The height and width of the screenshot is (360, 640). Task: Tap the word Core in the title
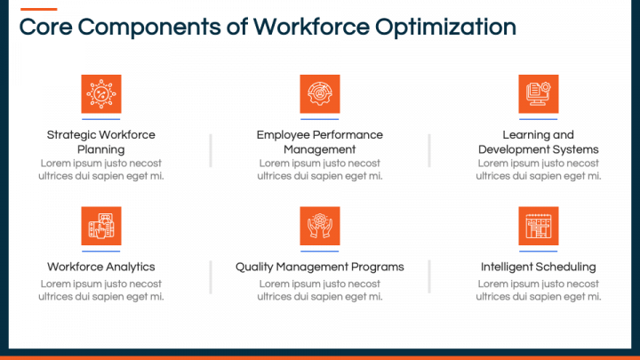tap(44, 28)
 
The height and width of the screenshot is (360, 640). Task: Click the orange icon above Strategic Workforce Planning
tap(101, 93)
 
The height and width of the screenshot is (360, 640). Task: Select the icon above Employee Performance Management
tap(320, 93)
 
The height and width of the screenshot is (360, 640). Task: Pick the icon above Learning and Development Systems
tap(539, 93)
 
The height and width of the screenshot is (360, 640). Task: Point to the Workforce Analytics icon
tap(101, 226)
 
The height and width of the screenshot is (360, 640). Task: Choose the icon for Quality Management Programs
tap(320, 226)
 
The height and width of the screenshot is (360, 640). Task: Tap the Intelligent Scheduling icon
tap(539, 226)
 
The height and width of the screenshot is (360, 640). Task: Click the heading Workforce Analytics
tap(101, 267)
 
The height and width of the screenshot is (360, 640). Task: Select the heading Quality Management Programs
tap(320, 267)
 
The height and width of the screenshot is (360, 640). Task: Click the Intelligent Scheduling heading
tap(539, 267)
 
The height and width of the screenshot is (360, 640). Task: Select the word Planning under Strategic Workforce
tap(101, 149)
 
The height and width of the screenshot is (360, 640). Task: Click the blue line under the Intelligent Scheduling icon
tap(539, 251)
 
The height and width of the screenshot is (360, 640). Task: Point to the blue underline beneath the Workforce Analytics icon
tap(101, 251)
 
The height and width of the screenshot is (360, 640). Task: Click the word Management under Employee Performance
tap(320, 149)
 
